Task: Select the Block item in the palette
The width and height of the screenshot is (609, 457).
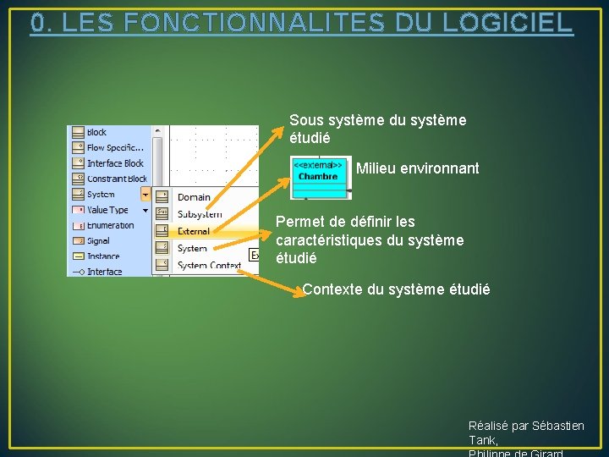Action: click(x=96, y=132)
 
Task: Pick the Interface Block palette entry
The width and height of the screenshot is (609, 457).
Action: click(x=115, y=163)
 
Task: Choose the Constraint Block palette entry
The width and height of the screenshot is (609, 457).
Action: click(x=117, y=179)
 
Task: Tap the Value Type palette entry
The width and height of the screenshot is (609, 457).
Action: click(x=107, y=210)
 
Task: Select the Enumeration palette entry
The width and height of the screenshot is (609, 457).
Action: click(x=110, y=225)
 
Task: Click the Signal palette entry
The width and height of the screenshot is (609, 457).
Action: click(x=98, y=241)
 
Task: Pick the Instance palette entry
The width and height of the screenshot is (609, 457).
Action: click(x=103, y=256)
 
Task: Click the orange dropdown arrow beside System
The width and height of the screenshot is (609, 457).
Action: click(x=145, y=195)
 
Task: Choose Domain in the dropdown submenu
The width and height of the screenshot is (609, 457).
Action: click(x=194, y=197)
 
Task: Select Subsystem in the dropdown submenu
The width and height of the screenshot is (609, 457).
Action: click(x=200, y=214)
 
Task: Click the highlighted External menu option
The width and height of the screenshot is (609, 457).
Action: click(x=194, y=231)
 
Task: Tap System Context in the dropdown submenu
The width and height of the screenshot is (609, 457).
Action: click(x=209, y=265)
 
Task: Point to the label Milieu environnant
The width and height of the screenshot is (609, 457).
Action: click(x=417, y=168)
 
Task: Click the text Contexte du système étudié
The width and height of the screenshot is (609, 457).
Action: click(x=396, y=289)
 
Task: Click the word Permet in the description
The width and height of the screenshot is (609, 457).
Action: click(x=297, y=222)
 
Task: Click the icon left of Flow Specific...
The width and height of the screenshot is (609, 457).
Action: click(x=78, y=147)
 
